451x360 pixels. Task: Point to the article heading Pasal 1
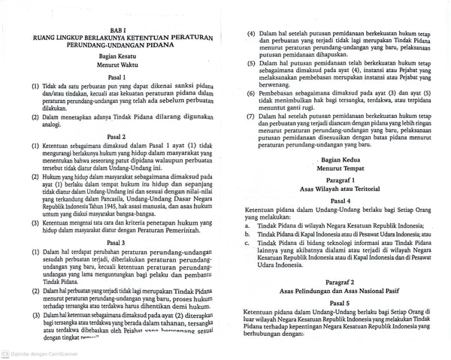coord(117,78)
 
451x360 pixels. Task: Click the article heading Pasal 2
coord(117,136)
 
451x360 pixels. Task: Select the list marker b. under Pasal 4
coord(249,234)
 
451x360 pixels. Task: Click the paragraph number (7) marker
coord(251,116)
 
